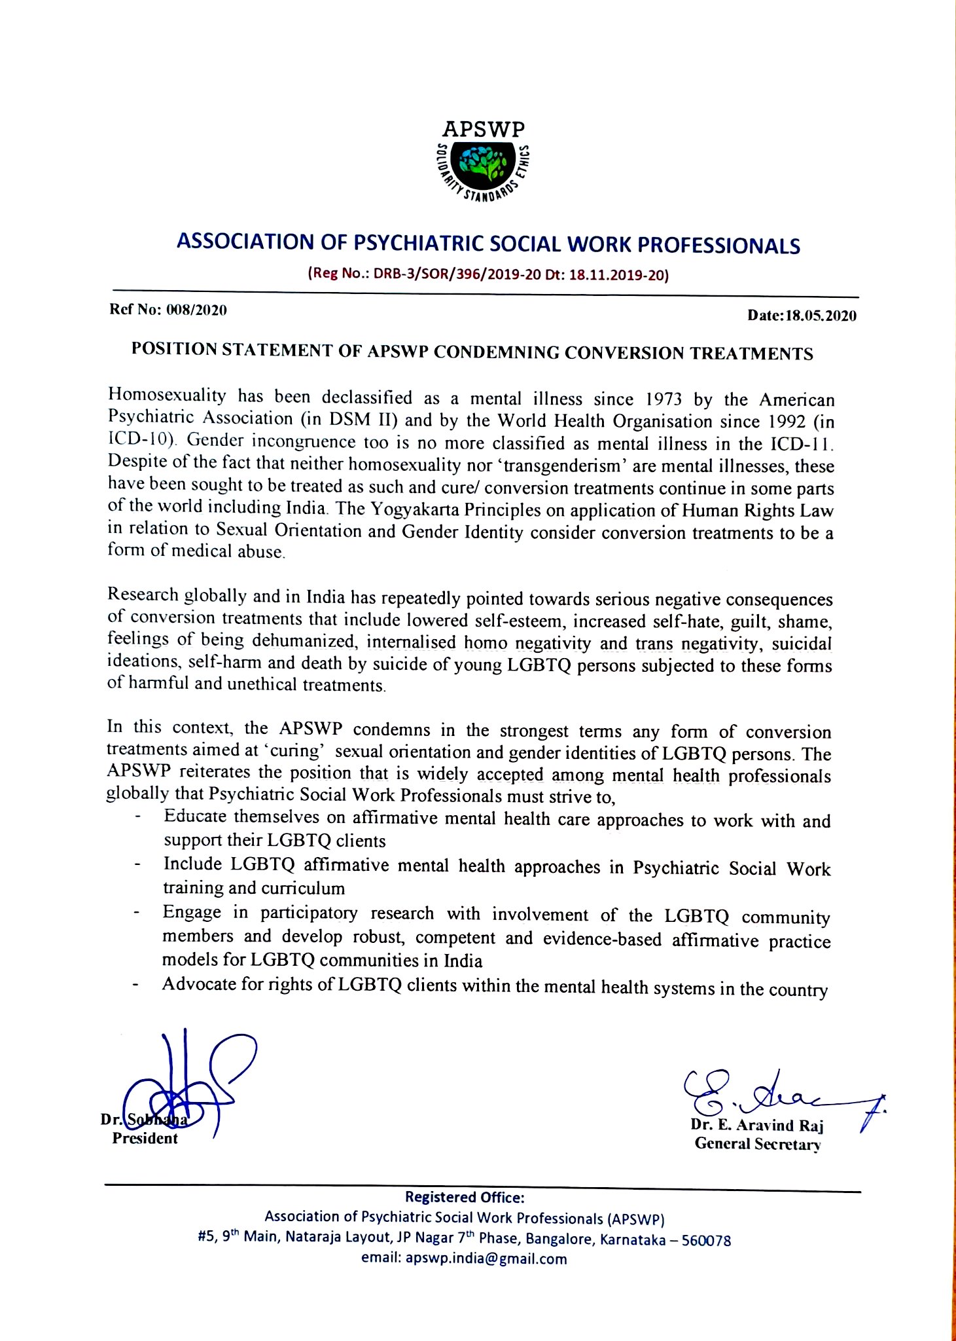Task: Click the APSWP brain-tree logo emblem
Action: [484, 164]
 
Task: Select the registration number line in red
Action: [487, 274]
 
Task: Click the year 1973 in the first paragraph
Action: [664, 399]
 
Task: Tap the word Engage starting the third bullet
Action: [192, 912]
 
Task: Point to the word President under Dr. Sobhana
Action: [145, 1138]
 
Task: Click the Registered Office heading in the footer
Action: [465, 1197]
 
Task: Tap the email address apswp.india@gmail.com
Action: [486, 1258]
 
